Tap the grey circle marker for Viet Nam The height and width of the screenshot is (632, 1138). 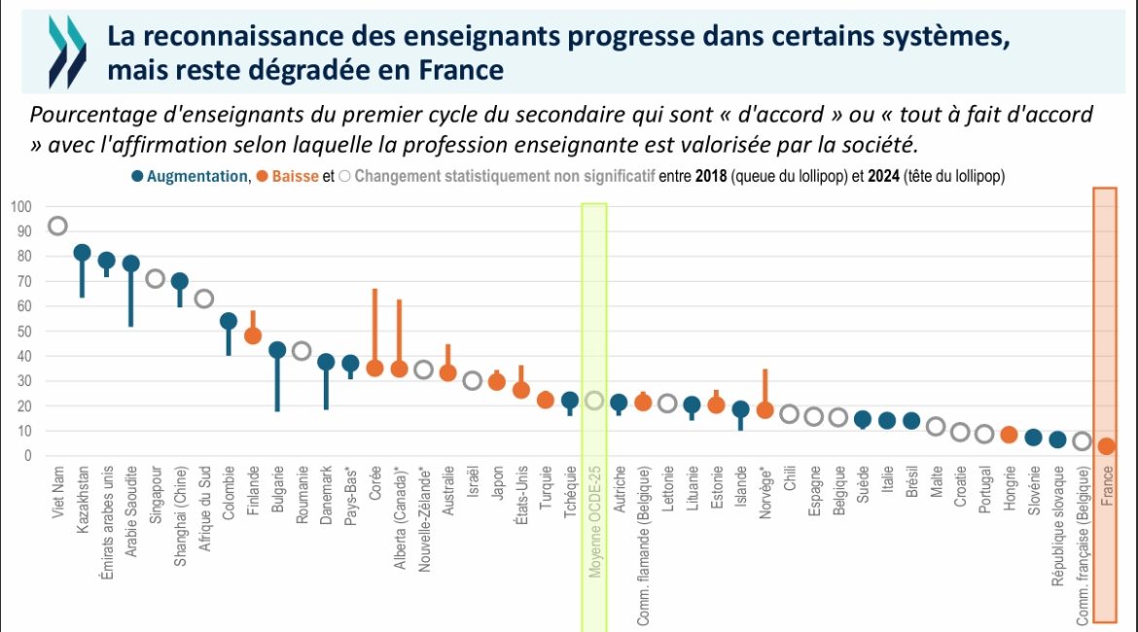pyautogui.click(x=57, y=226)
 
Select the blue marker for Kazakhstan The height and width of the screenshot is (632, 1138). pyautogui.click(x=82, y=253)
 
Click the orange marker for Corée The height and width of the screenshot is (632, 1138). pyautogui.click(x=374, y=368)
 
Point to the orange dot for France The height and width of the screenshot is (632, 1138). pyautogui.click(x=1105, y=446)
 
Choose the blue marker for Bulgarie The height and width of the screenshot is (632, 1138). pyautogui.click(x=277, y=350)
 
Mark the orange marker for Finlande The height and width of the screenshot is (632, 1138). pyautogui.click(x=253, y=335)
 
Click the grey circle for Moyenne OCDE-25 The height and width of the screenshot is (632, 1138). pyautogui.click(x=593, y=401)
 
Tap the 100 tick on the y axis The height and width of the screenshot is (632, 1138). pyautogui.click(x=21, y=207)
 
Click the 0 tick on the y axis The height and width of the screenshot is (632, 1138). pyautogui.click(x=28, y=455)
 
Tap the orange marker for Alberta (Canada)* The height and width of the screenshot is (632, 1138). pyautogui.click(x=399, y=369)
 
